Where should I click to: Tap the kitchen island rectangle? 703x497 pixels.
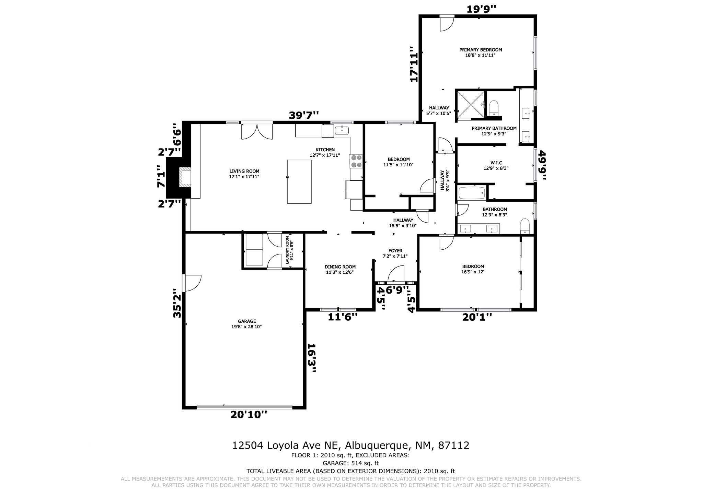pos(299,181)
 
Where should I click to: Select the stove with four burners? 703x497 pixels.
pos(356,161)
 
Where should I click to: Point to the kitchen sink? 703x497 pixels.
pos(342,130)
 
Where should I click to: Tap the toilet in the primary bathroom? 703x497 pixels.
pos(494,108)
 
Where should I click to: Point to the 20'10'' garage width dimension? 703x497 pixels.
pos(249,415)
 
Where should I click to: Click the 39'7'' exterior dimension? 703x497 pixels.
pos(304,115)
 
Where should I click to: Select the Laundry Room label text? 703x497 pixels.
pos(289,250)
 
